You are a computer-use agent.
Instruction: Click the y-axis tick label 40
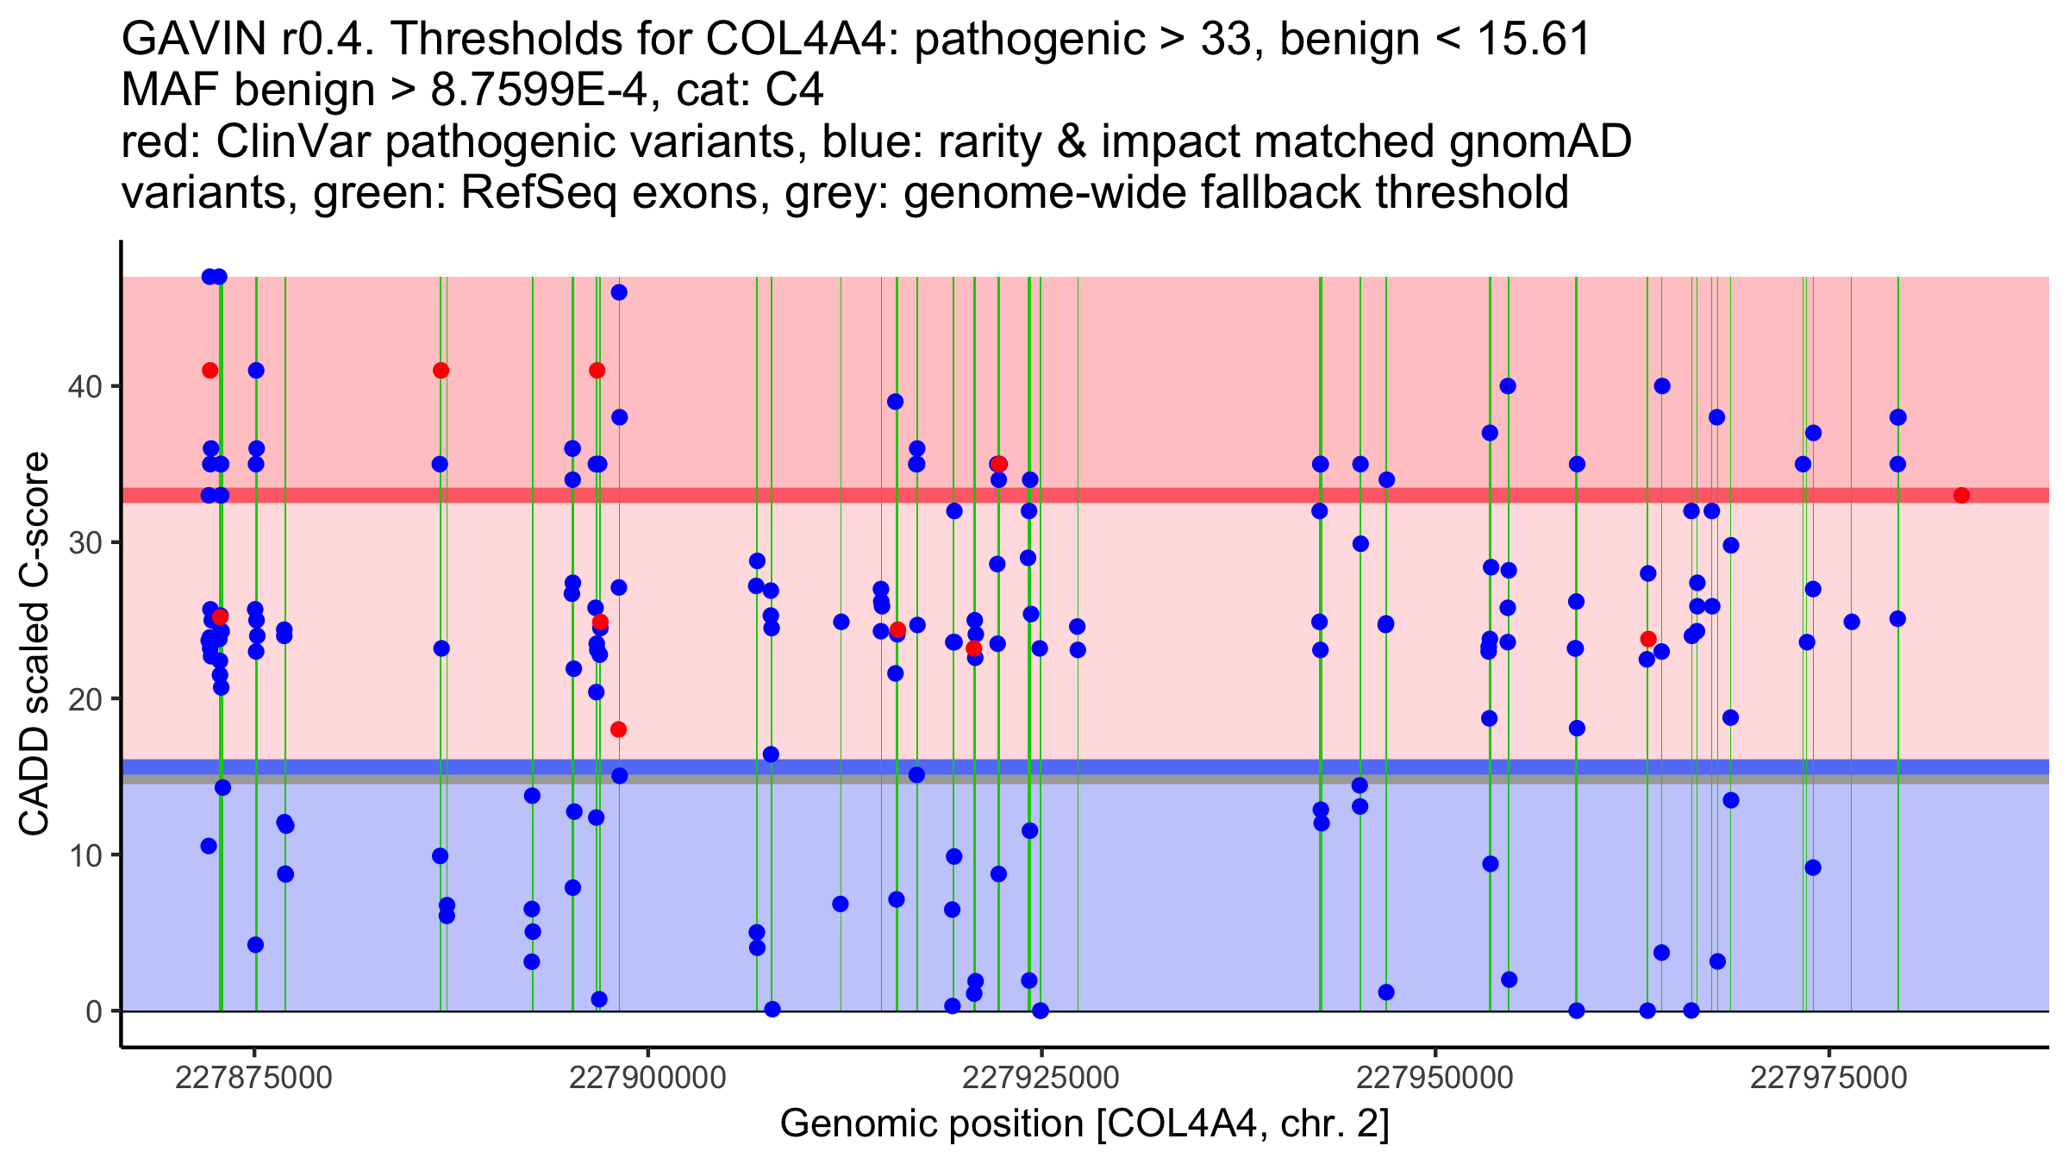[x=84, y=386]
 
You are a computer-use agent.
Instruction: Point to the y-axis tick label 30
[x=84, y=543]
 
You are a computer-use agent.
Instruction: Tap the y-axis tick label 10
[x=84, y=855]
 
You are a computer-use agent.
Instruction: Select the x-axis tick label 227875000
[x=253, y=1078]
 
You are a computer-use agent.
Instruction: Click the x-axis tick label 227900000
[x=647, y=1078]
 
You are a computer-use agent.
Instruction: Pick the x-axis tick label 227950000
[x=1435, y=1078]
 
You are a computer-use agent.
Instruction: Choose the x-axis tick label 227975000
[x=1828, y=1078]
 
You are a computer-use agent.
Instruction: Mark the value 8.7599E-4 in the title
[x=539, y=91]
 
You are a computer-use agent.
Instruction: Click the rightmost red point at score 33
[x=1961, y=495]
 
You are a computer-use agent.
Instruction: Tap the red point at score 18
[x=618, y=729]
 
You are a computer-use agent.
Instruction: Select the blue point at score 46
[x=619, y=292]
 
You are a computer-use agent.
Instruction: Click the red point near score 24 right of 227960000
[x=1648, y=639]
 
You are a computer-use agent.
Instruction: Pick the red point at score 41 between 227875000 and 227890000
[x=441, y=371]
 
